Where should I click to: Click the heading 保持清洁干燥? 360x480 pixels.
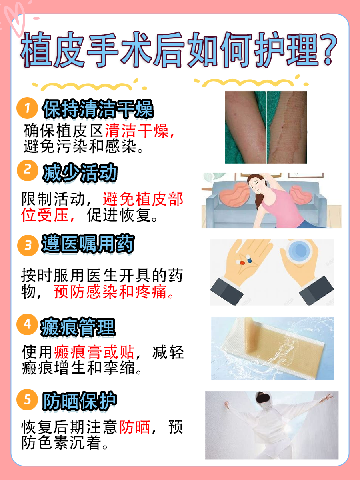[x=98, y=109]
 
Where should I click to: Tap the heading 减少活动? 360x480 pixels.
[x=80, y=173]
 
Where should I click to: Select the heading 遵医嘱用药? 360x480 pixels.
[x=88, y=244]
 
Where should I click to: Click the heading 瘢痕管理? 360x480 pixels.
[x=78, y=327]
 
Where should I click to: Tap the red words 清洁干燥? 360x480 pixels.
[x=138, y=131]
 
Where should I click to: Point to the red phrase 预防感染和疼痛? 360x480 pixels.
[x=114, y=292]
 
